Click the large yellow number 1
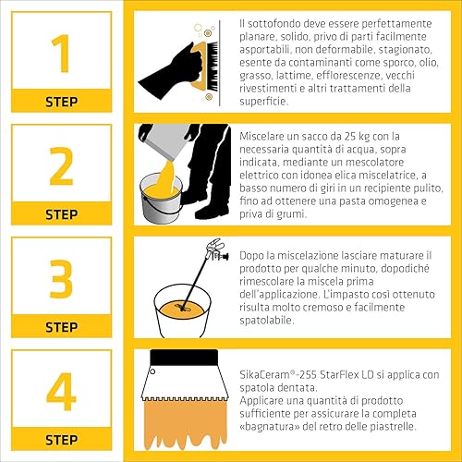(62, 54)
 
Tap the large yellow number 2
(61, 166)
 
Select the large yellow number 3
(61, 279)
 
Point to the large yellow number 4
(61, 391)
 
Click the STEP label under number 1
(62, 102)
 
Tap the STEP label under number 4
(62, 440)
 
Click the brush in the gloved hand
(205, 67)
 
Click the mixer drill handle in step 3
(218, 250)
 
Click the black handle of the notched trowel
(184, 358)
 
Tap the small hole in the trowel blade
(152, 371)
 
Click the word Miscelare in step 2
(261, 137)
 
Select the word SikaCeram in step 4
(264, 375)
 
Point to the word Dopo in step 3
(251, 256)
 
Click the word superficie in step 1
(263, 102)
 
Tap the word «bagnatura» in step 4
(270, 427)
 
